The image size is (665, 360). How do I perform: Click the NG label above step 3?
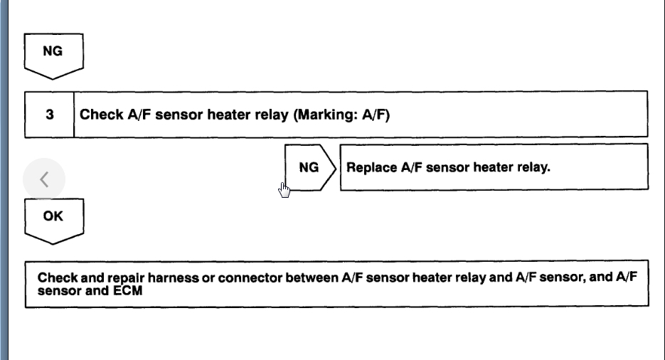click(x=53, y=52)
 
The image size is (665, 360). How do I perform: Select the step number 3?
click(x=49, y=114)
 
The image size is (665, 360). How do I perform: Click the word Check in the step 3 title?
click(x=97, y=114)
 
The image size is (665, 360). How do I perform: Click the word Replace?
click(x=368, y=168)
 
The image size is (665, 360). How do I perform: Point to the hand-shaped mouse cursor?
click(x=284, y=190)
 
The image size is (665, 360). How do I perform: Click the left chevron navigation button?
click(x=44, y=180)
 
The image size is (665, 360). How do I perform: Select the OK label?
click(x=53, y=216)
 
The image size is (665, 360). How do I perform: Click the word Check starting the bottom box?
click(x=54, y=278)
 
